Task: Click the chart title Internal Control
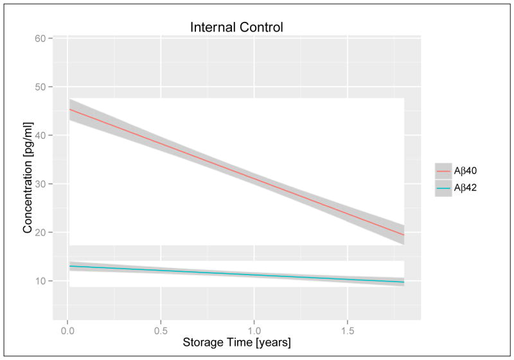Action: click(x=236, y=28)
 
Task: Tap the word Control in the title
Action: click(x=260, y=28)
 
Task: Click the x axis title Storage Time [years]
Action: click(x=236, y=343)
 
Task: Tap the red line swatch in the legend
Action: click(x=443, y=172)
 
